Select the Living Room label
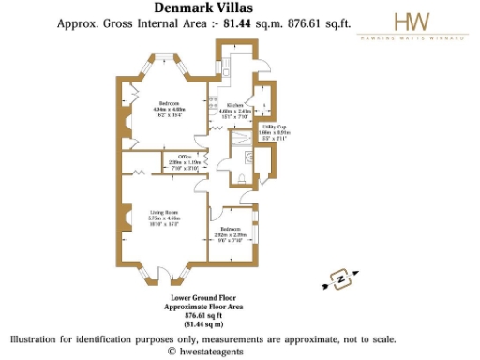(164, 213)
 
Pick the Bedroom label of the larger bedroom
(169, 103)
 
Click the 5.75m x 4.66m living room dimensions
(164, 218)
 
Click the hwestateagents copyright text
(202, 351)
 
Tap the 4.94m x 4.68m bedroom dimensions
(169, 109)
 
